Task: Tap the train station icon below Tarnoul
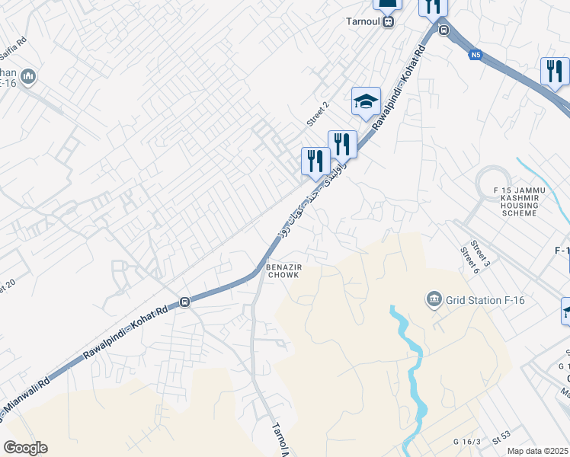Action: pos(389,23)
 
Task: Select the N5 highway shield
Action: pos(476,55)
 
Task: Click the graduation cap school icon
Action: pos(366,101)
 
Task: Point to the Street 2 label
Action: pos(317,113)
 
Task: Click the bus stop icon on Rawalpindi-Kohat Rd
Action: pos(184,302)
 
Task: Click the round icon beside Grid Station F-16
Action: pos(434,298)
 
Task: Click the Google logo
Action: pos(26,448)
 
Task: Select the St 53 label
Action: pos(501,439)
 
